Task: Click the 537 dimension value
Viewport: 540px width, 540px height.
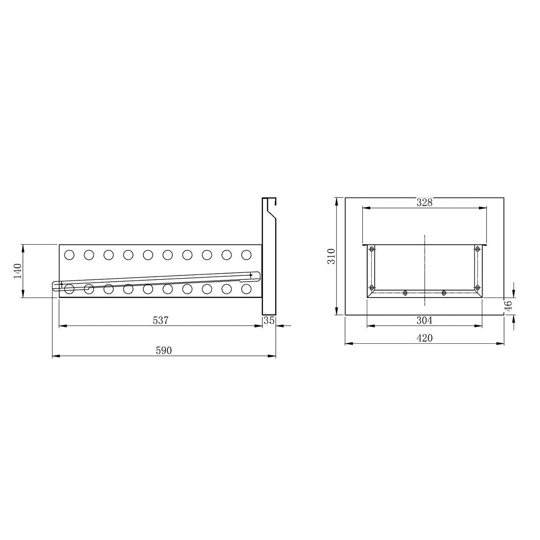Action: click(160, 320)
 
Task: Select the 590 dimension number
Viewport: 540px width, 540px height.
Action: click(164, 350)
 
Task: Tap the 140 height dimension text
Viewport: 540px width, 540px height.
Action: click(18, 271)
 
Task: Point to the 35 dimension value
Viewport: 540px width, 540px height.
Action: click(269, 320)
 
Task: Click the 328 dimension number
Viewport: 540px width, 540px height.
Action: click(424, 202)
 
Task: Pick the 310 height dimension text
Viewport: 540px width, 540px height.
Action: click(331, 256)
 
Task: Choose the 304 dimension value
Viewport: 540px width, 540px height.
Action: click(424, 320)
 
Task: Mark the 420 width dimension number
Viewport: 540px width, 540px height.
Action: click(424, 338)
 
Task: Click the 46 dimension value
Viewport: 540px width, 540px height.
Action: click(508, 305)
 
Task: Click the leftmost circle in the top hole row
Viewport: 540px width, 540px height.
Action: click(69, 255)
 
